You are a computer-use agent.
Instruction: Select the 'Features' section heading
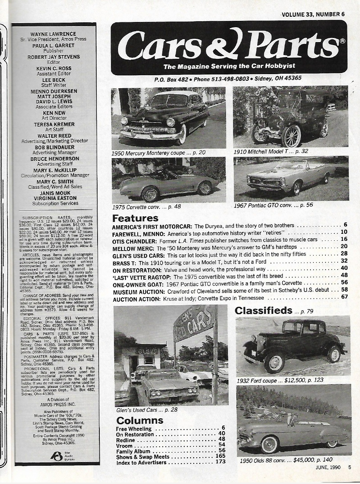pos(135,218)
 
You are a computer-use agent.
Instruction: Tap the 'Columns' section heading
pos(140,420)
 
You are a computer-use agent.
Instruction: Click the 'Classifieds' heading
pos(263,311)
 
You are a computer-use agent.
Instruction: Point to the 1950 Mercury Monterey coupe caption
pos(158,152)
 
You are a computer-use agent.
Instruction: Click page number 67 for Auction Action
pos(344,298)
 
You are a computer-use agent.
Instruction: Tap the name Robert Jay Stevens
pos(54,57)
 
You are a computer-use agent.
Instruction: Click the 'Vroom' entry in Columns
pos(124,446)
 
